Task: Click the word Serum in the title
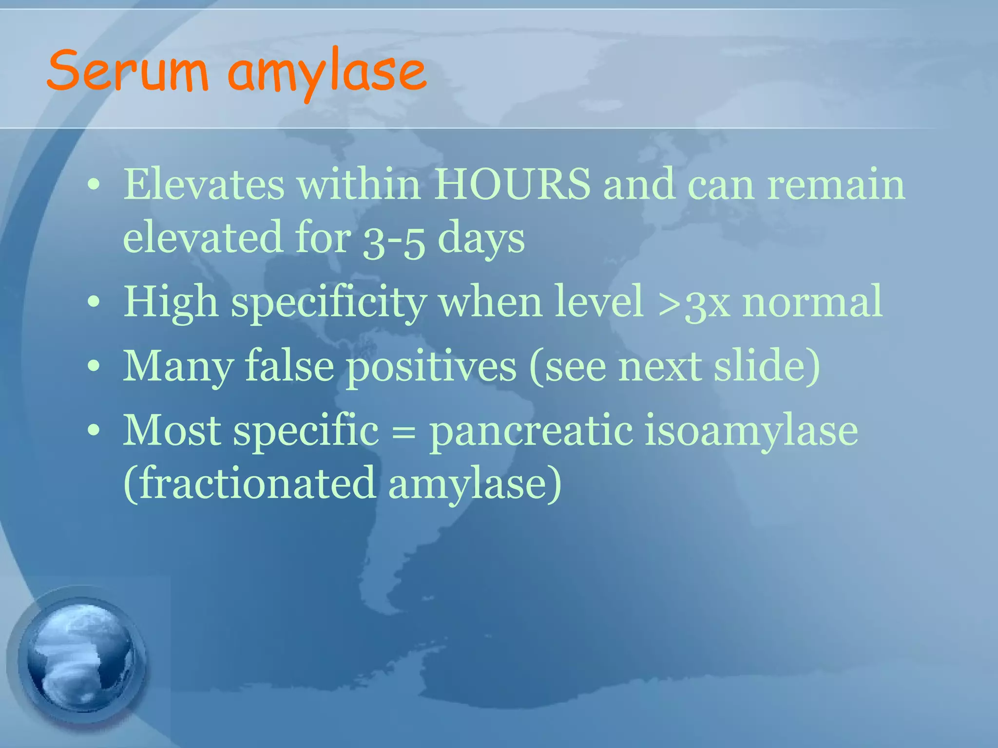click(128, 72)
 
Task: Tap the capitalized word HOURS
click(512, 185)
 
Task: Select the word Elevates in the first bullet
click(204, 185)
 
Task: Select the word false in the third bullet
click(289, 366)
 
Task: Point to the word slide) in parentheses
click(767, 366)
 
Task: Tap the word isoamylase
click(751, 431)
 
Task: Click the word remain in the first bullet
click(836, 185)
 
